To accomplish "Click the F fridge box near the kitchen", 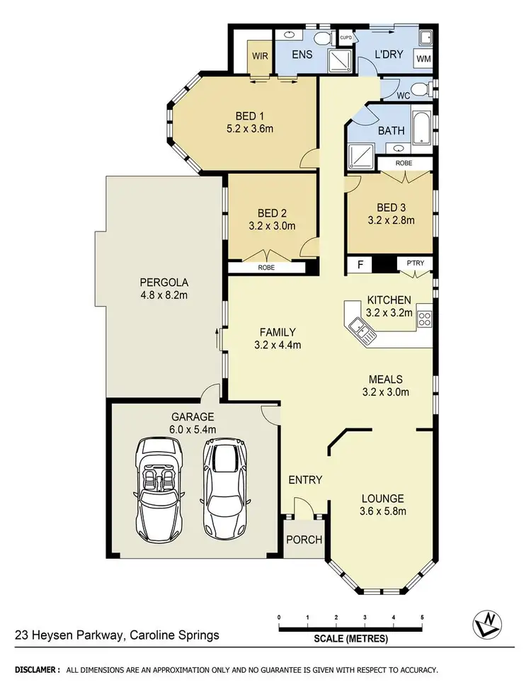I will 360,265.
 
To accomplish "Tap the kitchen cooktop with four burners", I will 425,319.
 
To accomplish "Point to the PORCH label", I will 304,540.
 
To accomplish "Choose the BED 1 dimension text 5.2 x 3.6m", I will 258,129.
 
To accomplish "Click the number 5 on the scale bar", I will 422,618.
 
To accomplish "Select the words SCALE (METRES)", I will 351,639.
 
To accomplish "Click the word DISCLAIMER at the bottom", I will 37,669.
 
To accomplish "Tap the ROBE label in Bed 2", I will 266,268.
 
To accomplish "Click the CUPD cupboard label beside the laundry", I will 346,38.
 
